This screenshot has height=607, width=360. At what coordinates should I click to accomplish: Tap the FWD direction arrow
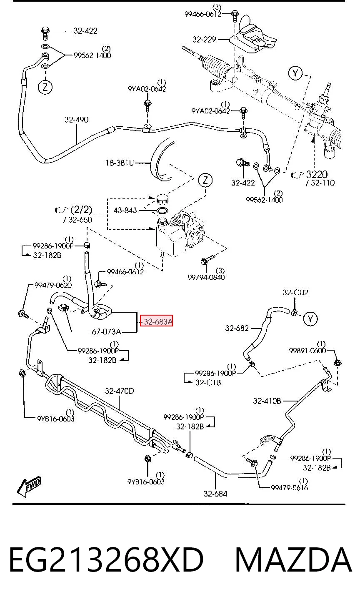29,487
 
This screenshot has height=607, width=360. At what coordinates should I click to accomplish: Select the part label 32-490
77,120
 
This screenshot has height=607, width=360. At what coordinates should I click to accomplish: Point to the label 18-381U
120,163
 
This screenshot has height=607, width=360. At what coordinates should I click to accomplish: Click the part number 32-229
204,40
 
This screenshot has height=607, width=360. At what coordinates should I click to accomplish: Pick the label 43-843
125,210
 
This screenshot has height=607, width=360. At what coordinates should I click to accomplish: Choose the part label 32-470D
120,391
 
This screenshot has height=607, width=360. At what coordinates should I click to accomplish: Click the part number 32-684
215,494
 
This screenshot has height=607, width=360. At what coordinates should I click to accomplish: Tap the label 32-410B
267,401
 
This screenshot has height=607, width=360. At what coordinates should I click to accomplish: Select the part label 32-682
237,329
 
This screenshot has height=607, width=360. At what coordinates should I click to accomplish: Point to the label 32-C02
295,293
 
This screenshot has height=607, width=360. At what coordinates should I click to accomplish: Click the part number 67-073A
106,332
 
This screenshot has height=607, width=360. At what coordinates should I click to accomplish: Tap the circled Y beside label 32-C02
310,319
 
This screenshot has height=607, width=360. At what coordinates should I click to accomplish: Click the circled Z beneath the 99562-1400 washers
45,87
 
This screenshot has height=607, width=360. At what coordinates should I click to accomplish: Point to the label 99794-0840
206,277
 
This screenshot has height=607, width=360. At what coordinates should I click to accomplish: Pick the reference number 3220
317,174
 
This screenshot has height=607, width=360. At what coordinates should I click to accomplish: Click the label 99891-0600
307,351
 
